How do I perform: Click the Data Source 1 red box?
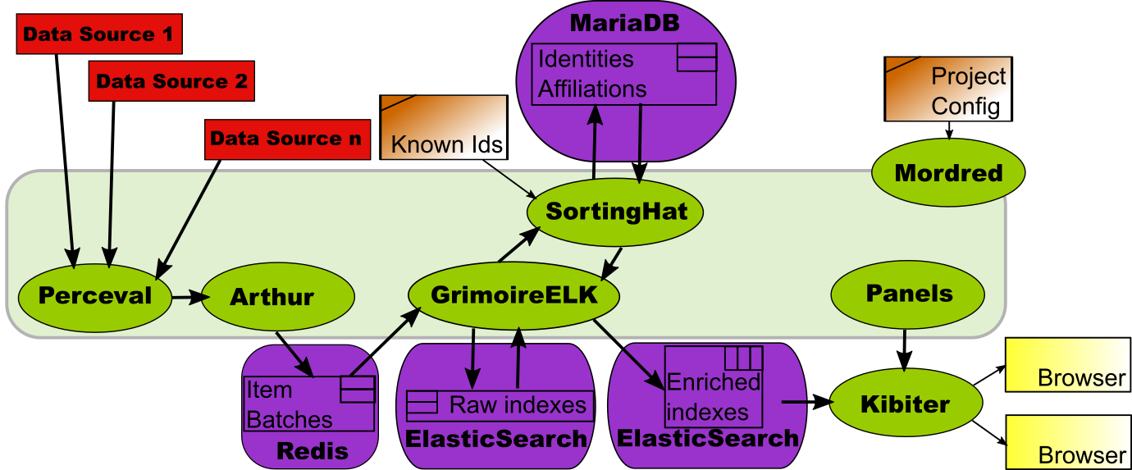[x=98, y=34]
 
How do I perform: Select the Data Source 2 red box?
[x=171, y=81]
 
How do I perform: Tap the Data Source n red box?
[x=285, y=138]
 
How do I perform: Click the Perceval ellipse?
[x=95, y=295]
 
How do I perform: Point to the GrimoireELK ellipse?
[x=514, y=295]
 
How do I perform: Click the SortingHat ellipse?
[x=616, y=211]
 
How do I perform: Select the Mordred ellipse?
[x=947, y=173]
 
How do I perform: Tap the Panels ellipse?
[x=908, y=294]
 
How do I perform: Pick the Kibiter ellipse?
[x=906, y=404]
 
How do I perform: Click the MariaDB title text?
[x=624, y=22]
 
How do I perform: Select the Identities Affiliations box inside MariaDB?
[x=623, y=74]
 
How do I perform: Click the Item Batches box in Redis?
[x=308, y=404]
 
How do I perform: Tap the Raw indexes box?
[x=499, y=404]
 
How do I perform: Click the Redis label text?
[x=312, y=450]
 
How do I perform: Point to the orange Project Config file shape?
[x=947, y=89]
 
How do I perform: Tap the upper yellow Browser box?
[x=1067, y=365]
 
